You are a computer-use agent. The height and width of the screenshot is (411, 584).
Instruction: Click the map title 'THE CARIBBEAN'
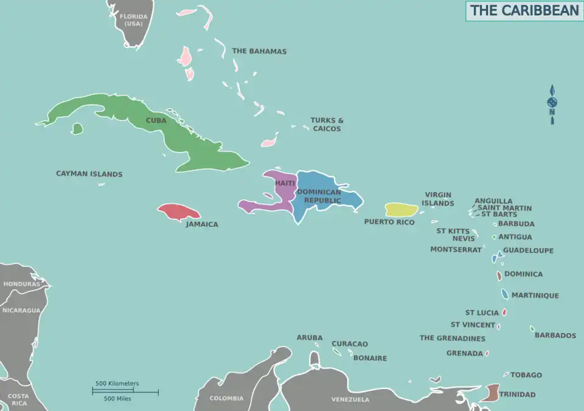click(x=524, y=11)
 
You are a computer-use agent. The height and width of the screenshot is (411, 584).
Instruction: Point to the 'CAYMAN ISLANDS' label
click(x=89, y=174)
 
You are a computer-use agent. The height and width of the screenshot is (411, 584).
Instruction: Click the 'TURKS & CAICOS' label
click(x=327, y=125)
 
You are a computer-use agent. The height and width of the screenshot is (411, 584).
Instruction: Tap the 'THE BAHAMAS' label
click(x=259, y=51)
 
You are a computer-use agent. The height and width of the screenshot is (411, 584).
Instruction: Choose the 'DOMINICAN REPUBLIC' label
click(x=319, y=196)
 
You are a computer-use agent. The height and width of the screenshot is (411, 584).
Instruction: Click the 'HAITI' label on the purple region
click(x=285, y=183)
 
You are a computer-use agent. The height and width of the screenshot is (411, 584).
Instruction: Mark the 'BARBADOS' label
click(x=555, y=335)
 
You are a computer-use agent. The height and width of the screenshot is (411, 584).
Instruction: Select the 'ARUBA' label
click(x=310, y=337)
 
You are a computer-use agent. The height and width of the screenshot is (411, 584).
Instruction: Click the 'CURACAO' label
click(x=350, y=344)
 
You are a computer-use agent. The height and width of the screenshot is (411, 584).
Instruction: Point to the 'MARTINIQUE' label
click(x=535, y=295)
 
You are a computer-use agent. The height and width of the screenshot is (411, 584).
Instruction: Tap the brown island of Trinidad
click(x=490, y=393)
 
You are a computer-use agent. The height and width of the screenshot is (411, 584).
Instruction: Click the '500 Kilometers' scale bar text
click(x=117, y=384)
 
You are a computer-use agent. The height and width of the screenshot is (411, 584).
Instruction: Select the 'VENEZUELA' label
click(x=350, y=399)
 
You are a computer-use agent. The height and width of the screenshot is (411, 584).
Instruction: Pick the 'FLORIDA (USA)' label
click(x=133, y=20)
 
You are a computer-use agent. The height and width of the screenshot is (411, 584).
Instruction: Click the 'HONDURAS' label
click(x=21, y=284)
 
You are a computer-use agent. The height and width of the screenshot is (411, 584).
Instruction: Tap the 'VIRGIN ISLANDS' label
click(x=439, y=199)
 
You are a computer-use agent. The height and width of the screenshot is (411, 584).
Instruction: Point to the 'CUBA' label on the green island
click(x=156, y=120)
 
